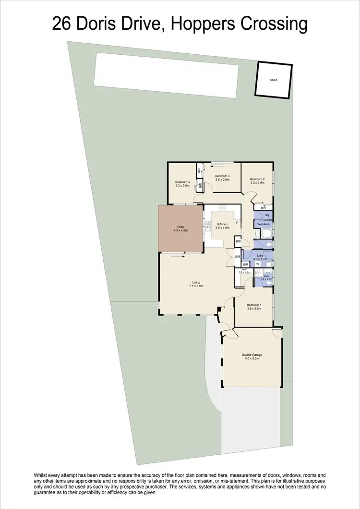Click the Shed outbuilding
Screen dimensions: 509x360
tap(273, 80)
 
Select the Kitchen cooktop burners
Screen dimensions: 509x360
tap(222, 208)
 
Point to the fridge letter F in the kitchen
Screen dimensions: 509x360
tap(237, 222)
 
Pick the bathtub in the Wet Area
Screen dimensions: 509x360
tap(264, 234)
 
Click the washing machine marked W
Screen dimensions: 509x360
tap(258, 264)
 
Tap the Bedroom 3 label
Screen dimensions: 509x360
tap(222, 176)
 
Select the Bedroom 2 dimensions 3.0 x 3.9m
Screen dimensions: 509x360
tap(257, 182)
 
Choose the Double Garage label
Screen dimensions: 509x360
tap(252, 355)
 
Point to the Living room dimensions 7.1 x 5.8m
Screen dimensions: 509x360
tap(197, 286)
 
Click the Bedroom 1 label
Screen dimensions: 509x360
tap(254, 305)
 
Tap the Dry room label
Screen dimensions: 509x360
tap(267, 215)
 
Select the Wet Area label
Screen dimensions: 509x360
tap(264, 224)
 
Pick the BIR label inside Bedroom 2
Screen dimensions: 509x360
tap(263, 207)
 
